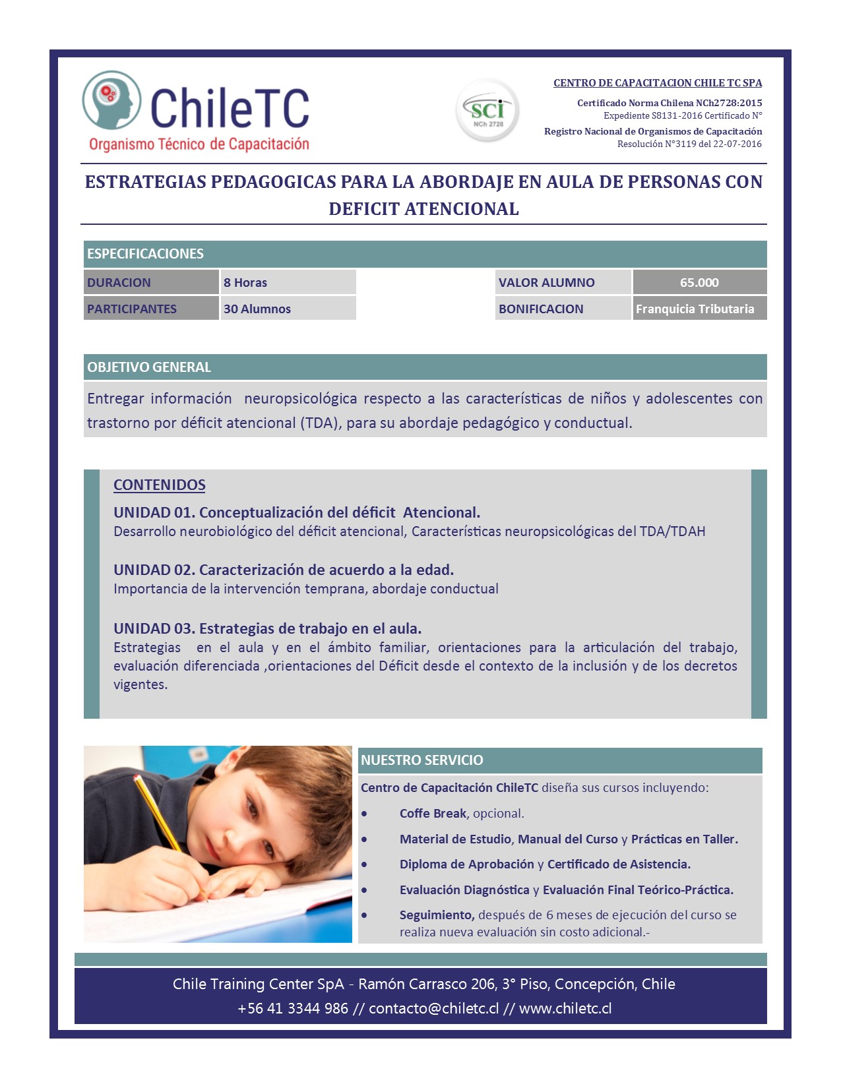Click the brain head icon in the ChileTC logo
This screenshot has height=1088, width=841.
111,100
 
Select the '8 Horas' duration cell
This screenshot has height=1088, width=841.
288,282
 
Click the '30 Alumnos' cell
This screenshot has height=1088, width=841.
288,309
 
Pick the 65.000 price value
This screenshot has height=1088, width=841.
699,282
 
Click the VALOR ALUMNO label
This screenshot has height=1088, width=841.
546,282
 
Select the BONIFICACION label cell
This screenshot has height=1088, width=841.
541,309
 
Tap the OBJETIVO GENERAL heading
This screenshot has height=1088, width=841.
149,367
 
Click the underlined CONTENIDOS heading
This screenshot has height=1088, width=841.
160,485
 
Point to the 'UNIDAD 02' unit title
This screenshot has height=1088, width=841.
284,570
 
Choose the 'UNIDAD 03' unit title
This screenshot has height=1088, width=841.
267,628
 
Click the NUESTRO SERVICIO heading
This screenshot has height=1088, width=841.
422,760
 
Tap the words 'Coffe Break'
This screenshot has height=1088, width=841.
433,814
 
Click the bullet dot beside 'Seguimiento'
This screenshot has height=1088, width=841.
364,915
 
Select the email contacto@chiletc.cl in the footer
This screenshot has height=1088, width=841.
433,1009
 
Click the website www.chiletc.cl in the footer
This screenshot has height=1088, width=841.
565,1009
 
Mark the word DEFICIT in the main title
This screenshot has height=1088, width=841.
363,209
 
